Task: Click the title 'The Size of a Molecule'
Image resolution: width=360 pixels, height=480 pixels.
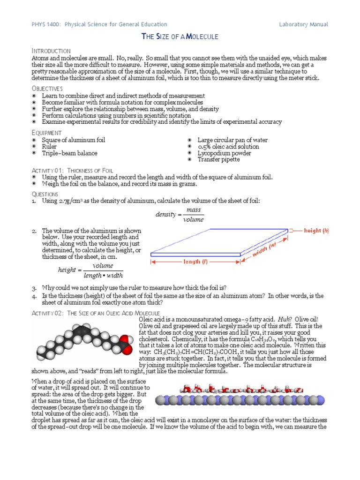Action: [x=180, y=37]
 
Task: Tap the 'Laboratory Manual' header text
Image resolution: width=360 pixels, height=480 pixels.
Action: [x=303, y=24]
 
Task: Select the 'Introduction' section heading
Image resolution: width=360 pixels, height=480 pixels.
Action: [x=51, y=51]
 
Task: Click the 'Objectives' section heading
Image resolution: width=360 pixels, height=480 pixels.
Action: [x=47, y=89]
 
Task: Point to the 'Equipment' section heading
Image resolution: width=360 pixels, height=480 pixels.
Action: [x=46, y=133]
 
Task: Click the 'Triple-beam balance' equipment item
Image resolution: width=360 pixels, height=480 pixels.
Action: [x=70, y=153]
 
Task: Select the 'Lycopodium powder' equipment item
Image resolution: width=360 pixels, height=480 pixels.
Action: [x=224, y=153]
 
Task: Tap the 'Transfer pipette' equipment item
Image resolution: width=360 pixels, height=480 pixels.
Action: [x=218, y=159]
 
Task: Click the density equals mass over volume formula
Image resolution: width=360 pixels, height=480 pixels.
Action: [x=180, y=215]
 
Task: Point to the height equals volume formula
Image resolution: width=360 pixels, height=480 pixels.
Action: [x=90, y=270]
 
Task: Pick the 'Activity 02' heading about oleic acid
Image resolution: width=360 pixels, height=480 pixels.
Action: [x=96, y=313]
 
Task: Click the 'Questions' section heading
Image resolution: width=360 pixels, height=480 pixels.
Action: [x=45, y=194]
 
